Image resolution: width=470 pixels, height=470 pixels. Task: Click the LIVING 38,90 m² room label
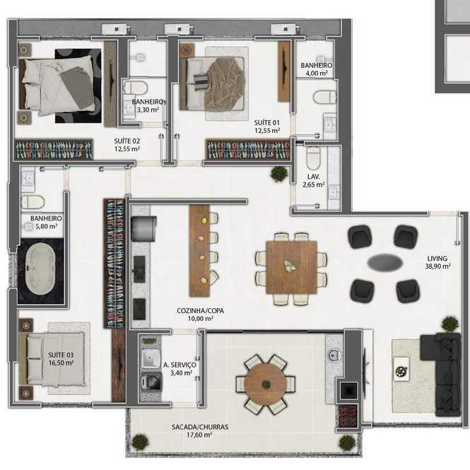coord(437,262)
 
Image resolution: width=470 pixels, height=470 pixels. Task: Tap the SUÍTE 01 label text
coord(266,122)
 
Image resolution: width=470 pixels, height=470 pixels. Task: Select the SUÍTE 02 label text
coord(127,141)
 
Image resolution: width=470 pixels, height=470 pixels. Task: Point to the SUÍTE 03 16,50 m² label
coord(61,359)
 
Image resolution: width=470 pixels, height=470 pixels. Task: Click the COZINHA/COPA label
coord(200,310)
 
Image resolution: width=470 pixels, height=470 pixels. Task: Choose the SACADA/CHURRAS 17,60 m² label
coord(200,430)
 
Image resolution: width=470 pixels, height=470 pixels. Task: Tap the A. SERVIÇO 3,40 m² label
coord(180,369)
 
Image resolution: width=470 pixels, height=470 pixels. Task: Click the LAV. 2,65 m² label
coord(313,181)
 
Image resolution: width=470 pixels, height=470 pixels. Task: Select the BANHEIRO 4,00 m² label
coord(317,69)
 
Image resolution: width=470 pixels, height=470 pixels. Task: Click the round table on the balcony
coord(265,384)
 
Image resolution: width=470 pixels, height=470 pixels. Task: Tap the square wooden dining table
coord(291,267)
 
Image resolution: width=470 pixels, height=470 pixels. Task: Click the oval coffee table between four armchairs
coord(384,262)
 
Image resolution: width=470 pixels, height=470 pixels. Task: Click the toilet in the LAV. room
coord(314,158)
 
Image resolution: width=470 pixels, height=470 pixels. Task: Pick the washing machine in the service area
coord(151,382)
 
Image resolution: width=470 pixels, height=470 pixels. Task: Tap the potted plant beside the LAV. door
coord(279,174)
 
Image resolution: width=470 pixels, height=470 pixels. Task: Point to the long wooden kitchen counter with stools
coord(199,251)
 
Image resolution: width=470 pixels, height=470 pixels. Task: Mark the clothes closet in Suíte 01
coord(248,149)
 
